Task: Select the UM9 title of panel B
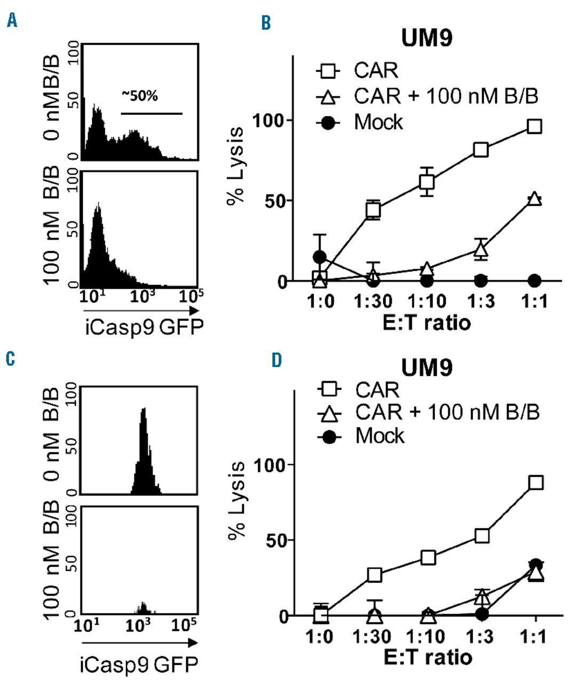click(426, 39)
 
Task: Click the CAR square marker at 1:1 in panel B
click(534, 126)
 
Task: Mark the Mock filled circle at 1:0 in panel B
click(320, 257)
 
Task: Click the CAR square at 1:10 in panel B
click(426, 182)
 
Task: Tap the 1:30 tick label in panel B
click(373, 301)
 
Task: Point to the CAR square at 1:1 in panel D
click(535, 482)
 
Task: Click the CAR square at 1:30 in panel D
click(374, 575)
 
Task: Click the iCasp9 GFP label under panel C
click(138, 664)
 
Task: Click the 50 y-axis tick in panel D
click(279, 540)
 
